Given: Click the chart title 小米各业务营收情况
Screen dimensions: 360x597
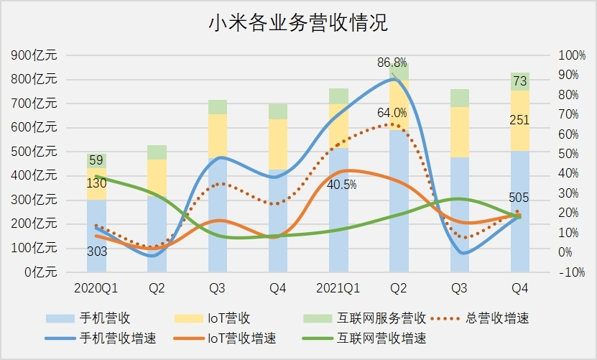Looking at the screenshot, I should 298,24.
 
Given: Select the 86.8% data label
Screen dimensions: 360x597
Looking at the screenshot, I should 392,63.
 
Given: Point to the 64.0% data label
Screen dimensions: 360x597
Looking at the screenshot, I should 392,113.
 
